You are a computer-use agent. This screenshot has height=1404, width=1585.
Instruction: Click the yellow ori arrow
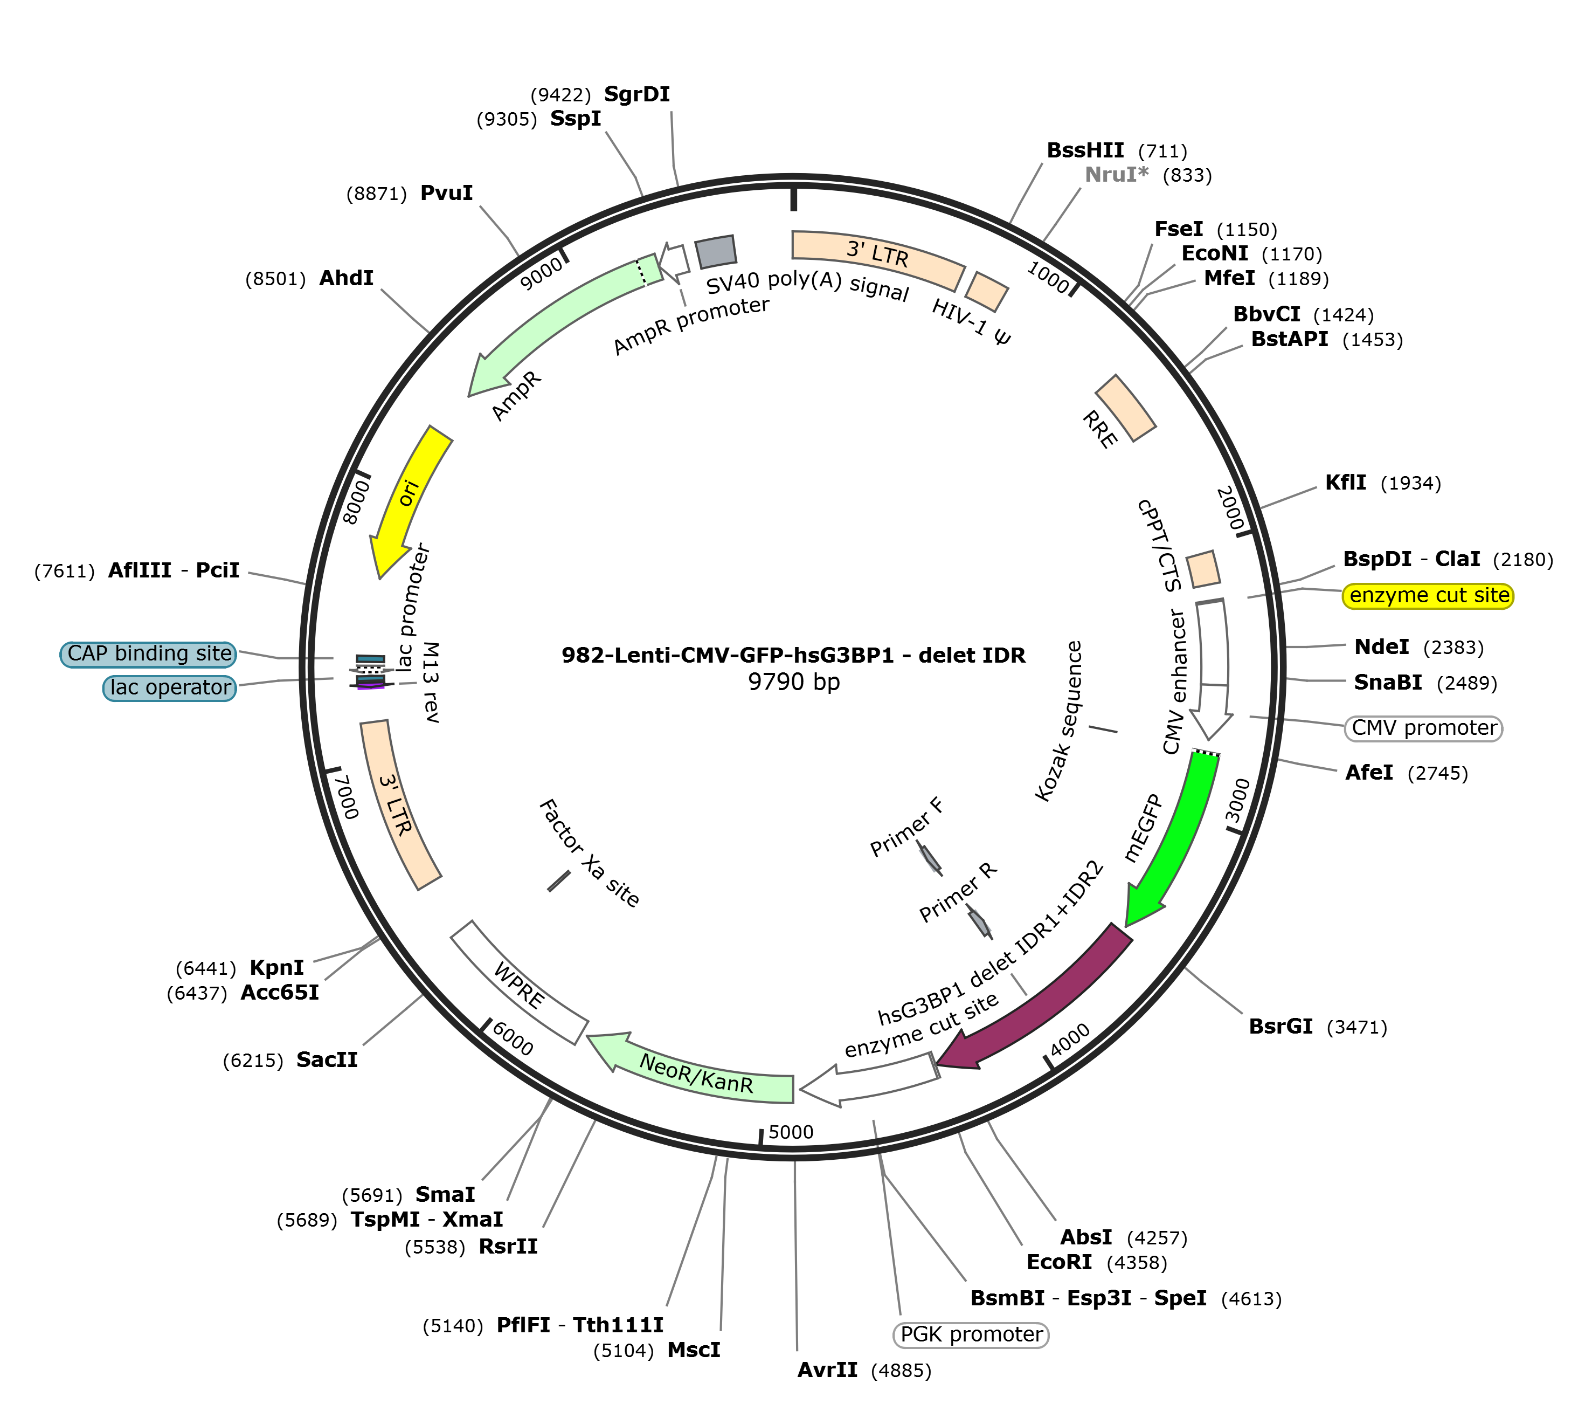(x=410, y=497)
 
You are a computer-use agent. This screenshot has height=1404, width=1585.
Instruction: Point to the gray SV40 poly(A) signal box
(x=715, y=251)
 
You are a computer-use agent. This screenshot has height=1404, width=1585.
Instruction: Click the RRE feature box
(x=1125, y=408)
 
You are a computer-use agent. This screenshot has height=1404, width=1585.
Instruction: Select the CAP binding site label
(x=149, y=654)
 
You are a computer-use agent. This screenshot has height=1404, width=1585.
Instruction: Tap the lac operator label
(x=170, y=688)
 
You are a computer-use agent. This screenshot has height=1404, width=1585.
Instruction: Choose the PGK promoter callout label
(x=971, y=1334)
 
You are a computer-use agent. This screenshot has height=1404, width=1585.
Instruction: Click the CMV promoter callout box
(x=1424, y=728)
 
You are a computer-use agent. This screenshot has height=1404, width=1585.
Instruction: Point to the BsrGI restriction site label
(x=1281, y=1026)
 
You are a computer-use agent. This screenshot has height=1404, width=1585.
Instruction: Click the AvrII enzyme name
(x=827, y=1370)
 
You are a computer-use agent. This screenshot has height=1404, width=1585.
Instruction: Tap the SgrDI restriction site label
(x=636, y=94)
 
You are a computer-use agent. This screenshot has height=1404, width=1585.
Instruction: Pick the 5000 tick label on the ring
(x=791, y=1132)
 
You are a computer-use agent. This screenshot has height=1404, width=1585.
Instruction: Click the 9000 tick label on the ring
(x=541, y=274)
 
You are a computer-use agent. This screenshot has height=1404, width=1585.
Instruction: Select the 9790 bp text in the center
(x=793, y=682)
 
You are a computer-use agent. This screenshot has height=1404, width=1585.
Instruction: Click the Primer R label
(x=958, y=892)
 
